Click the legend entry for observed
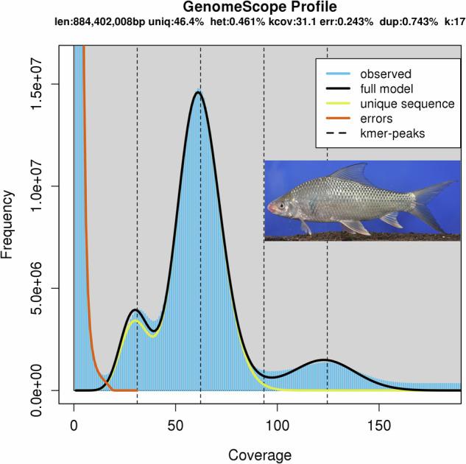pos(385,74)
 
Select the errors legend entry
pos(375,118)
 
